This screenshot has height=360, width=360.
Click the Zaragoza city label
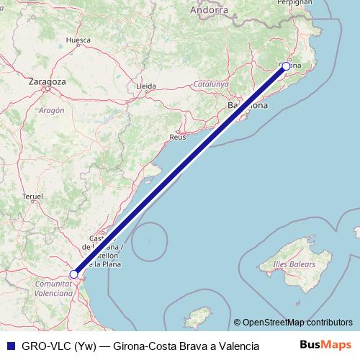click(x=47, y=81)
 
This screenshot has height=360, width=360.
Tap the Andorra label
click(x=210, y=10)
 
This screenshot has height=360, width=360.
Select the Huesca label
click(x=77, y=40)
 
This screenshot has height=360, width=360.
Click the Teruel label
click(x=34, y=196)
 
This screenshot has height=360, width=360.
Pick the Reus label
click(x=177, y=136)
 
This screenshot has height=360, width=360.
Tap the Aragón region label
click(x=51, y=110)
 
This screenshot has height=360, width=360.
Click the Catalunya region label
click(x=211, y=84)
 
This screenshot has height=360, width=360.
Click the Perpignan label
click(x=297, y=2)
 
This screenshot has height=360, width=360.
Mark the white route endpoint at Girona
click(x=286, y=66)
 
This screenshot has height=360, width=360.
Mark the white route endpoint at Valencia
click(x=73, y=274)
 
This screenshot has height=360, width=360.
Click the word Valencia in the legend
click(x=235, y=346)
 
